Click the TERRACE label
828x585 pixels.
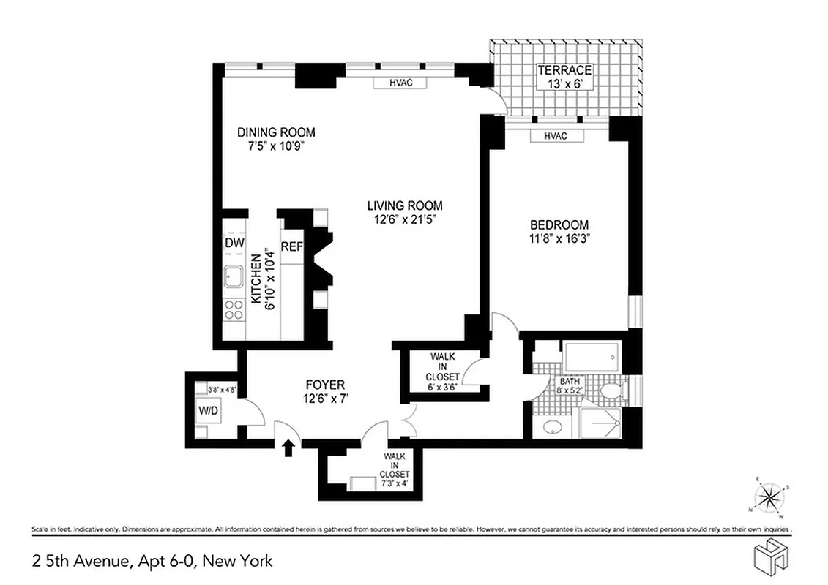click(x=564, y=71)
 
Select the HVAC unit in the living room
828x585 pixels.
click(x=401, y=83)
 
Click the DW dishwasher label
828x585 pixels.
click(x=234, y=243)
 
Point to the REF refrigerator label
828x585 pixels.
click(x=291, y=247)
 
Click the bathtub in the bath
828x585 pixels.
click(x=592, y=358)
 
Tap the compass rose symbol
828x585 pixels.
click(x=769, y=499)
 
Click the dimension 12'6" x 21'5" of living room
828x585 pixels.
click(x=405, y=219)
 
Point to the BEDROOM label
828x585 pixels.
click(x=559, y=225)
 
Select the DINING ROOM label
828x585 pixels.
click(x=276, y=132)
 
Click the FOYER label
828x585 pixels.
click(x=324, y=385)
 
